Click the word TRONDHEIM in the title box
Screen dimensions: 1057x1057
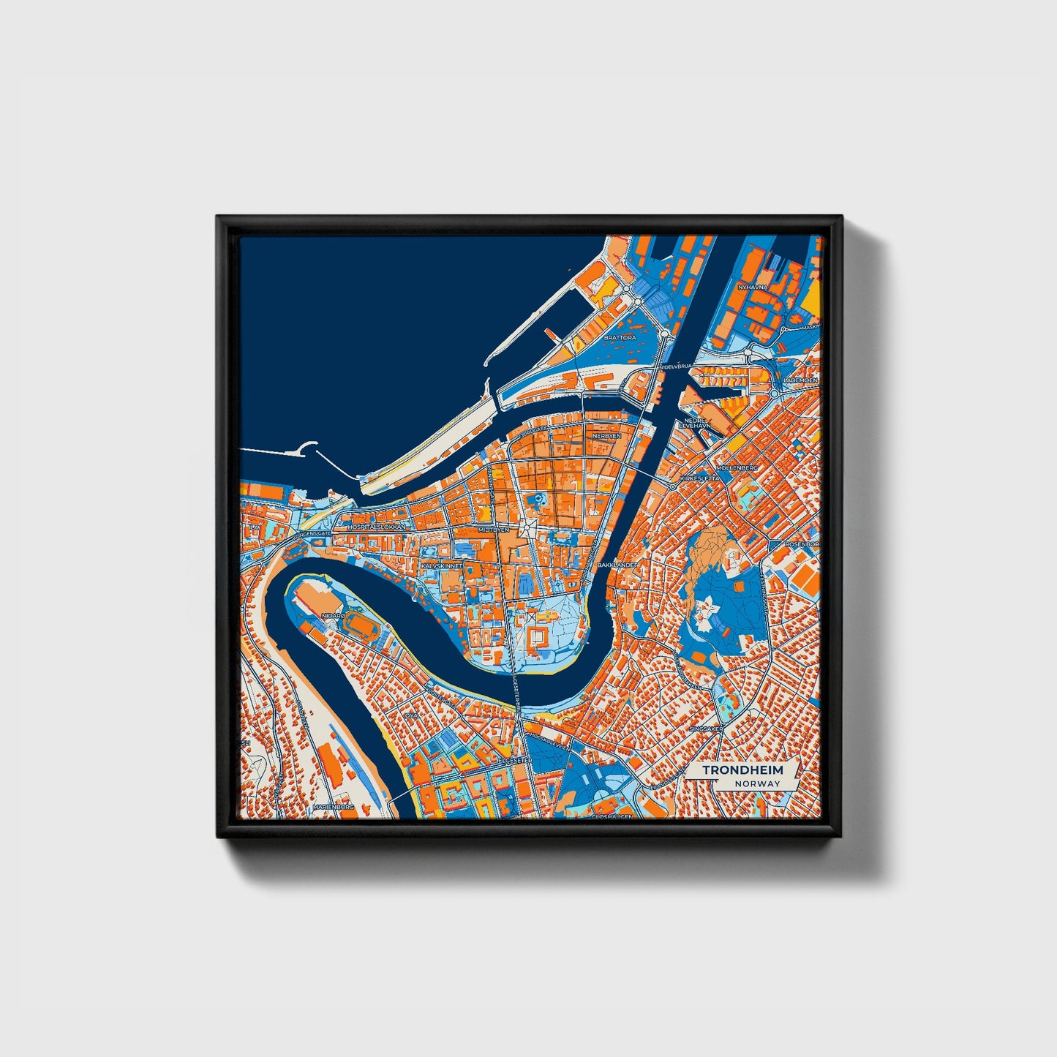(x=742, y=770)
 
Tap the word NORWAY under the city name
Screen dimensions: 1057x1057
(x=759, y=783)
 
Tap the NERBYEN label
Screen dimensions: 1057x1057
(x=606, y=435)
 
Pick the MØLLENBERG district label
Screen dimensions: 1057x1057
(x=737, y=467)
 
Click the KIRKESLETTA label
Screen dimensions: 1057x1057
(x=700, y=478)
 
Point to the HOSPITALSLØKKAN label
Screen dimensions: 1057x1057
(x=377, y=527)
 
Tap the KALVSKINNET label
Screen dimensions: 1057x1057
(x=440, y=565)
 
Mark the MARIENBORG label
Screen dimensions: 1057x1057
(x=333, y=806)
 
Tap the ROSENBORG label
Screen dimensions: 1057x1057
(x=803, y=545)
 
